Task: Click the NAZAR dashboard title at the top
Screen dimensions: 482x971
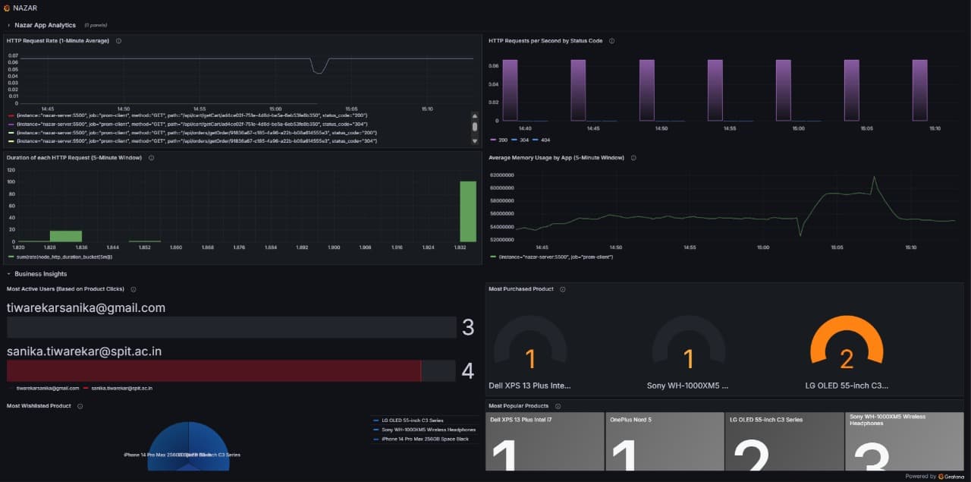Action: coord(25,8)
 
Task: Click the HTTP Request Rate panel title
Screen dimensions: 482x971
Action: coord(58,40)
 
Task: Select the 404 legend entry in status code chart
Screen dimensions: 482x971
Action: coord(545,140)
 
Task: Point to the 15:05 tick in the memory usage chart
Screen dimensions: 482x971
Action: coord(837,247)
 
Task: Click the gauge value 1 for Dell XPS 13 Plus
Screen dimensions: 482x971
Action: coord(530,358)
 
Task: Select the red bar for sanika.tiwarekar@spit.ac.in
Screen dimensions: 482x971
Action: coord(213,370)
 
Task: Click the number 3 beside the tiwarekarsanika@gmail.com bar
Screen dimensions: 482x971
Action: coord(468,327)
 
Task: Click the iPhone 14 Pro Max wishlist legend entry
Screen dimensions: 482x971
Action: coord(425,439)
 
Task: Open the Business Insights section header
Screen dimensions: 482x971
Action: coord(40,274)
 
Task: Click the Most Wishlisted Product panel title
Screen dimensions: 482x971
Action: coord(38,406)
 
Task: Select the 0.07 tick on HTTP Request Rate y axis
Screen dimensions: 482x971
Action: coord(13,55)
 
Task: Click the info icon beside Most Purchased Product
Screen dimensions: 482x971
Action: coord(562,289)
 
